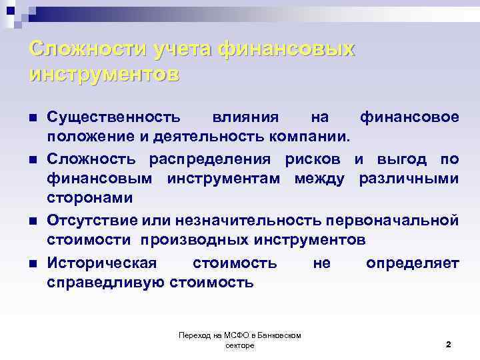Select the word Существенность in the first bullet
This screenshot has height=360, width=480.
tap(113, 117)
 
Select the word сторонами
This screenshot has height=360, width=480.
tap(89, 199)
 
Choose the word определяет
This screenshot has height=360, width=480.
tap(412, 263)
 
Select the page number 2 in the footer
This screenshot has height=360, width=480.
tap(448, 345)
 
